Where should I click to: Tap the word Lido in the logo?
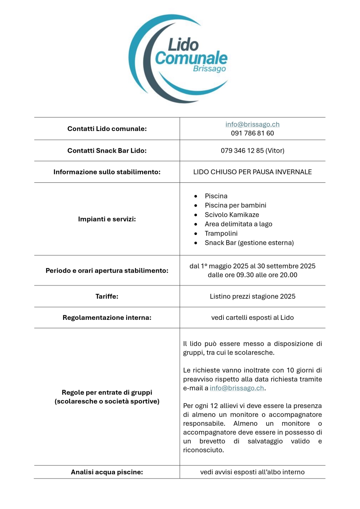click(183, 44)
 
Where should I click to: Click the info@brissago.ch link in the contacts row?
click(252, 124)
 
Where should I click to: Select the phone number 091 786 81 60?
click(252, 133)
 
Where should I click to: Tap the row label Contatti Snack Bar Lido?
click(107, 151)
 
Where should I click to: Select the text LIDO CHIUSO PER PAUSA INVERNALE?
click(252, 172)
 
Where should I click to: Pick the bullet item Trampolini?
click(221, 233)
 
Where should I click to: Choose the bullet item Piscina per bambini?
click(235, 205)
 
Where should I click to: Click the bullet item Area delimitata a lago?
click(238, 224)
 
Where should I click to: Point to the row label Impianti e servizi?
click(107, 219)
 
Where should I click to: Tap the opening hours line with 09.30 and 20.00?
click(252, 275)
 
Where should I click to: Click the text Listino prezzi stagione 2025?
click(252, 296)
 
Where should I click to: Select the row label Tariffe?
click(107, 296)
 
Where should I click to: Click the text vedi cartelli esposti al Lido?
click(252, 317)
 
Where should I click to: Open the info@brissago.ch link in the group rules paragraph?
click(237, 388)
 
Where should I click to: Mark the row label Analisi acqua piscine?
click(107, 472)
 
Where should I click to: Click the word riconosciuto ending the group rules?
click(203, 450)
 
